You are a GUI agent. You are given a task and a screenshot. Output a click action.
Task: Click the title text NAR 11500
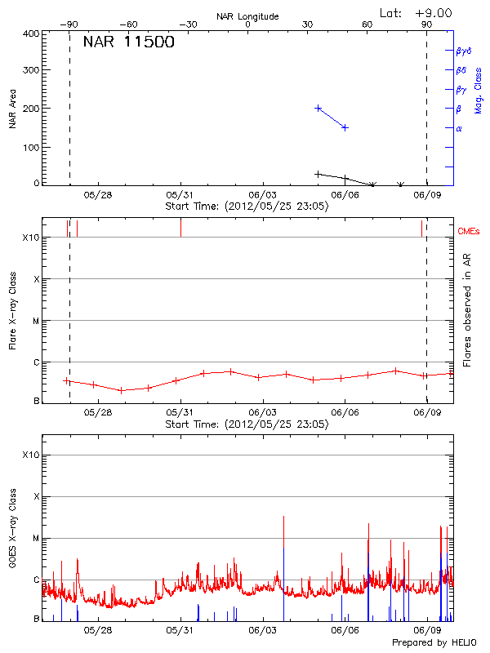click(x=129, y=43)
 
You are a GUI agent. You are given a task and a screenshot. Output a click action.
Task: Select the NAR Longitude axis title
click(x=247, y=16)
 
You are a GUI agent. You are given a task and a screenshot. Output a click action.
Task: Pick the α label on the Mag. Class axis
click(x=459, y=128)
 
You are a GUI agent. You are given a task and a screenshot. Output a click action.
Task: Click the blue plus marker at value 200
click(x=318, y=108)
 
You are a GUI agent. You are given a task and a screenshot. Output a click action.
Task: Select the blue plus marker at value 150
click(x=345, y=127)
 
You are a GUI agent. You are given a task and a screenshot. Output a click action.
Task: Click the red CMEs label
click(x=469, y=233)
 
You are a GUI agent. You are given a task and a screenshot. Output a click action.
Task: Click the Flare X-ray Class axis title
click(x=12, y=309)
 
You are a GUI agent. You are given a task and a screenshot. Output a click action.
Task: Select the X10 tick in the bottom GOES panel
click(x=30, y=455)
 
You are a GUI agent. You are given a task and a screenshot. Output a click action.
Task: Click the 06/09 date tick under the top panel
click(x=428, y=195)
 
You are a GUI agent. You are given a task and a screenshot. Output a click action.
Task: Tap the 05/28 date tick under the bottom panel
click(x=97, y=630)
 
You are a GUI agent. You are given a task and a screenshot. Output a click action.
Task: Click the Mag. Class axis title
click(x=478, y=90)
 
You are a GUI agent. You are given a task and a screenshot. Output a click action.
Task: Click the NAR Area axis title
click(x=12, y=109)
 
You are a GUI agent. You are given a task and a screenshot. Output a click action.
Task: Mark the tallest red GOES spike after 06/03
click(x=283, y=518)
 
